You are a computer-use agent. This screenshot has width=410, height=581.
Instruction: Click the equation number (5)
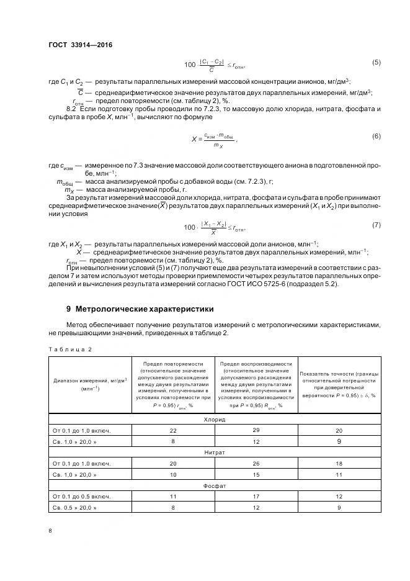coord(376,63)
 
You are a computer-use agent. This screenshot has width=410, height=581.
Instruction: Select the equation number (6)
coord(376,136)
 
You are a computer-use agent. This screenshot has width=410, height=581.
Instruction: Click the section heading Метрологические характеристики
coord(140,309)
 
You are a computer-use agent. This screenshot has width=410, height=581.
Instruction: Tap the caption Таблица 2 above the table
coord(69,349)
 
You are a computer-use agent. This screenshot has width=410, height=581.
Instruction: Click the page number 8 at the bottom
coord(50,531)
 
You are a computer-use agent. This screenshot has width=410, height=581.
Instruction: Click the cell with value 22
coord(173,430)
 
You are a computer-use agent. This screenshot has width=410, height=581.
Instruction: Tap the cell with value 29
coord(256,430)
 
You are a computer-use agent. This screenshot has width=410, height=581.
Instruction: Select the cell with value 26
coord(256,464)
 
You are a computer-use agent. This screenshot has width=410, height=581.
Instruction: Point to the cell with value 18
coord(339,464)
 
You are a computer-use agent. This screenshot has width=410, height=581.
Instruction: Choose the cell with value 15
coord(256,474)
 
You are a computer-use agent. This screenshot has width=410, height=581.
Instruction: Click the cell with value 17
coord(256,497)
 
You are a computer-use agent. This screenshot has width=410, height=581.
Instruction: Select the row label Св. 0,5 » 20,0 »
coord(76,508)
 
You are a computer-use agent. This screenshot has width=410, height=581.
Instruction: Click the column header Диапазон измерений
coord(90,384)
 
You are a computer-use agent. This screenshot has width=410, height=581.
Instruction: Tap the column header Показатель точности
coord(339,384)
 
